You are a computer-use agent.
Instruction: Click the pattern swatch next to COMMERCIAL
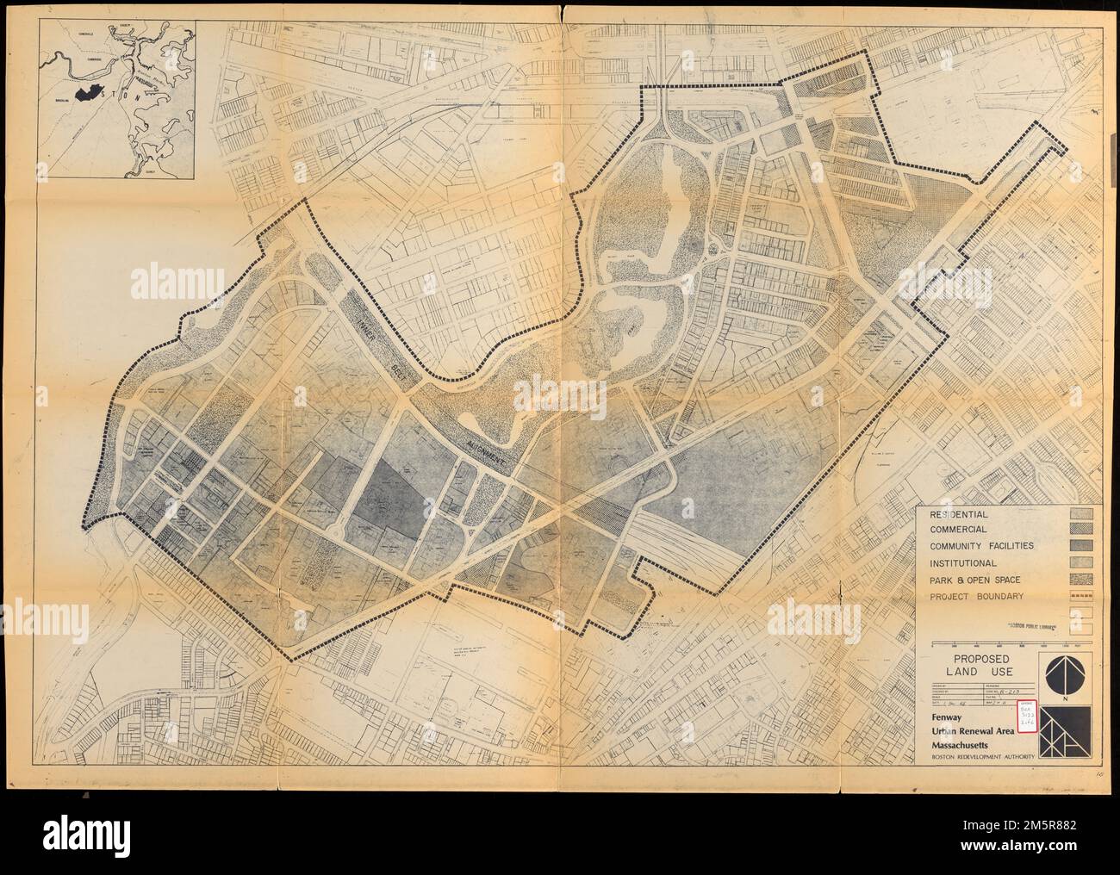tap(1081, 530)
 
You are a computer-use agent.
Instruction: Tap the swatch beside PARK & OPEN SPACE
tap(1081, 580)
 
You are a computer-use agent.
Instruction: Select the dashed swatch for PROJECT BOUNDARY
tap(1081, 596)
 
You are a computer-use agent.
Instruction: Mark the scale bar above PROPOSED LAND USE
tap(1011, 643)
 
